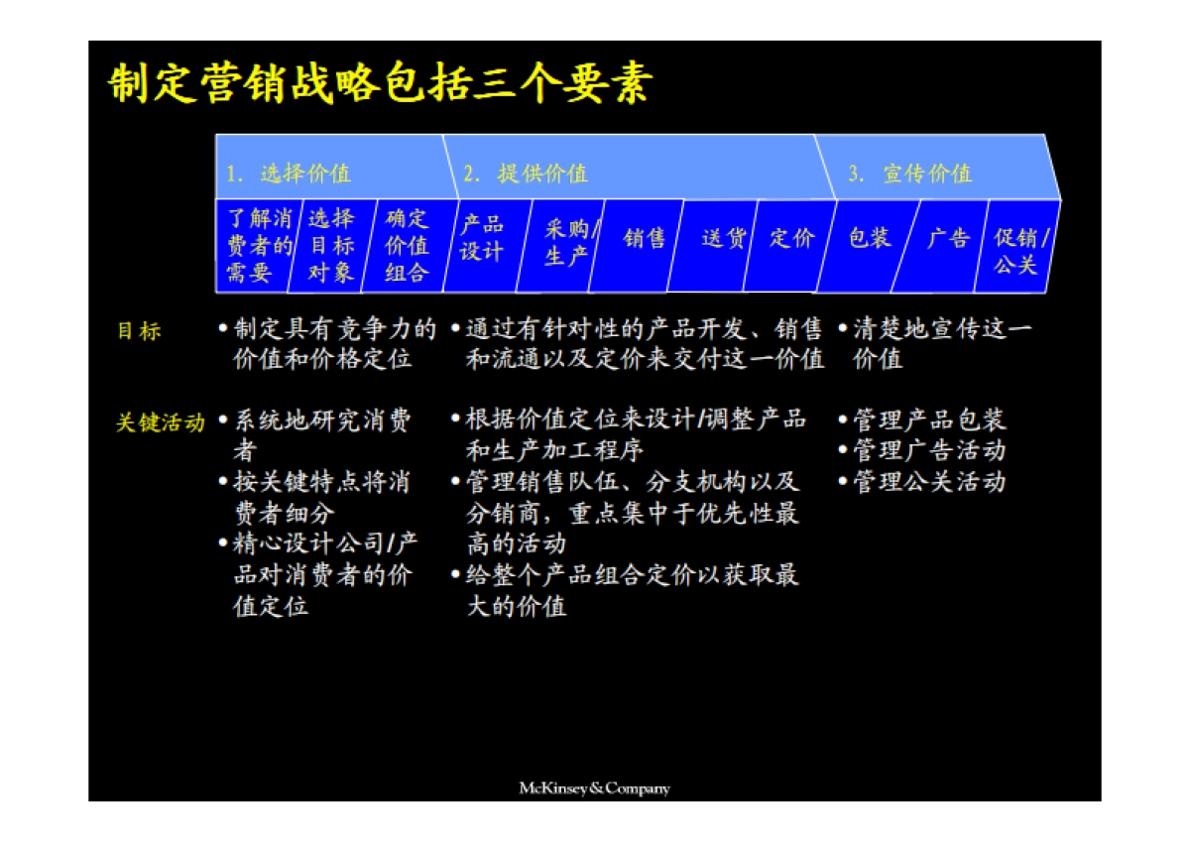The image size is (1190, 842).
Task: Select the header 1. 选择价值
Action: tap(289, 174)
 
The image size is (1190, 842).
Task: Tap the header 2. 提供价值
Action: tap(526, 174)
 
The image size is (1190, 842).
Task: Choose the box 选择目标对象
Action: tap(329, 246)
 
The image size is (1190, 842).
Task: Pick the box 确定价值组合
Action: tap(406, 246)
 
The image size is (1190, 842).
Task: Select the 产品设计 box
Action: tap(481, 239)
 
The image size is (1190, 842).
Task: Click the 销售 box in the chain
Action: tap(643, 239)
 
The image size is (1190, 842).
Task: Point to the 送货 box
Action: tap(721, 239)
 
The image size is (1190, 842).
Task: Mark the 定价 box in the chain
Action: tap(790, 239)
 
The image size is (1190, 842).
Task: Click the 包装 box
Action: tap(869, 239)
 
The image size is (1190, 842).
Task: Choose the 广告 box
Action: tap(947, 239)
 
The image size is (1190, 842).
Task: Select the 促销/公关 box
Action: tap(1018, 251)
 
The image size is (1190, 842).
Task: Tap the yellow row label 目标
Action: tap(139, 331)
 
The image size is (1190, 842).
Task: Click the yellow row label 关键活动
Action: tap(160, 422)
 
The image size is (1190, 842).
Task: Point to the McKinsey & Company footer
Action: tap(594, 788)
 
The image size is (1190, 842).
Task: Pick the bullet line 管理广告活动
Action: tap(928, 451)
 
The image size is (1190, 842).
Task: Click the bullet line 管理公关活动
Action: tap(928, 482)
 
